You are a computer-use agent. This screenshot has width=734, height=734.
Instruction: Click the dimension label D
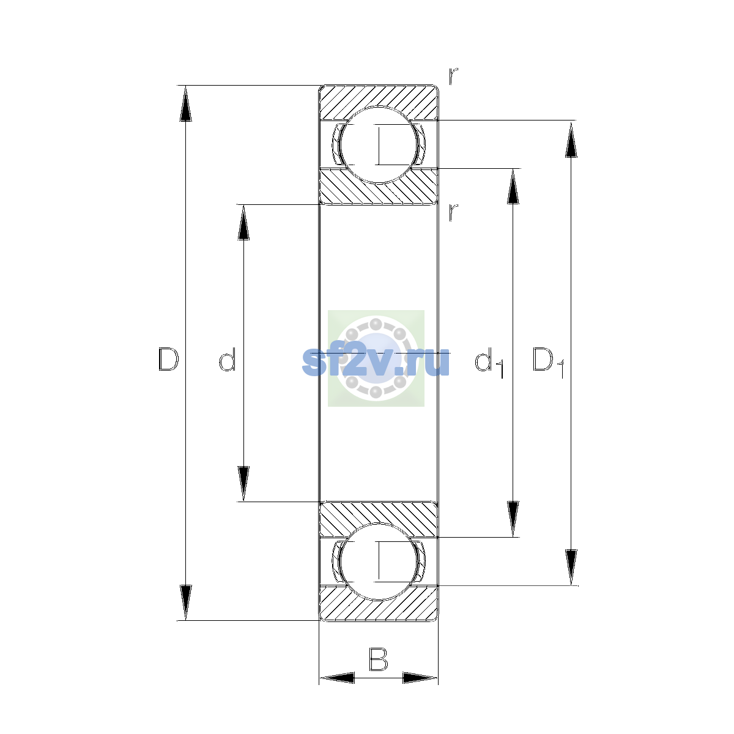(x=168, y=359)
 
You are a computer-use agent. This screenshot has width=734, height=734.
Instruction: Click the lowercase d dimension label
(x=228, y=359)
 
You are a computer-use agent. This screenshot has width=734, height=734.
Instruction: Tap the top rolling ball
(x=379, y=145)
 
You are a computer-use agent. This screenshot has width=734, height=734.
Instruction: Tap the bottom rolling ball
(x=379, y=562)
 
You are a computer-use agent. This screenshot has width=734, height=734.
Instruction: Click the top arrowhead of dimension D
(x=185, y=103)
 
